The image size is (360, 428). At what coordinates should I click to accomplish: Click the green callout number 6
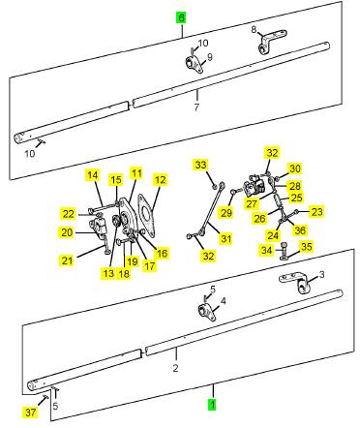[x=181, y=17]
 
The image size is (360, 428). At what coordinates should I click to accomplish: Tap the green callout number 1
[x=212, y=404]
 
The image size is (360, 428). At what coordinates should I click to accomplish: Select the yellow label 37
[x=31, y=413]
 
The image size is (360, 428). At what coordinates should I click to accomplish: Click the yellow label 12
[x=161, y=180]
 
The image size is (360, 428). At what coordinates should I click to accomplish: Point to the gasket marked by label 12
[x=146, y=215]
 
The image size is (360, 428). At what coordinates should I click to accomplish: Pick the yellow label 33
[x=200, y=165]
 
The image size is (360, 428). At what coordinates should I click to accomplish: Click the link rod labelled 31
[x=211, y=208]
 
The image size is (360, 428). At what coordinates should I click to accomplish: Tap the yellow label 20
[x=67, y=232]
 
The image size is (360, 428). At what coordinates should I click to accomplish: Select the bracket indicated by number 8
[x=272, y=42]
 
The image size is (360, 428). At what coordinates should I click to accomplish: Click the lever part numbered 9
[x=195, y=65]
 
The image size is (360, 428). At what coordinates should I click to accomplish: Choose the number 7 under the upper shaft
[x=196, y=107]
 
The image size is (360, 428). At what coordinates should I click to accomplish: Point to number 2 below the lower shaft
[x=175, y=368]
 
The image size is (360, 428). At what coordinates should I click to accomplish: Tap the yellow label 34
[x=267, y=250]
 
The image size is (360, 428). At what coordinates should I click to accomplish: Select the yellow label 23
[x=316, y=212]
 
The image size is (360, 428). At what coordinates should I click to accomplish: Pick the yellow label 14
[x=93, y=175]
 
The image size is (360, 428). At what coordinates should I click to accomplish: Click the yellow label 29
[x=226, y=212]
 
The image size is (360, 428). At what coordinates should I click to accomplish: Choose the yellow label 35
[x=306, y=247]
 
